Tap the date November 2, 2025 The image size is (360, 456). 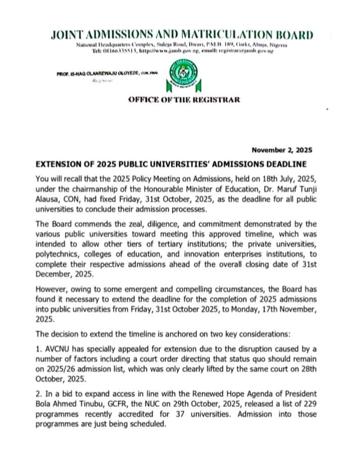282,150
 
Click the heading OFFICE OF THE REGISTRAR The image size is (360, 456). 184,99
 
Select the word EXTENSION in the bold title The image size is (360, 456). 58,164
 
